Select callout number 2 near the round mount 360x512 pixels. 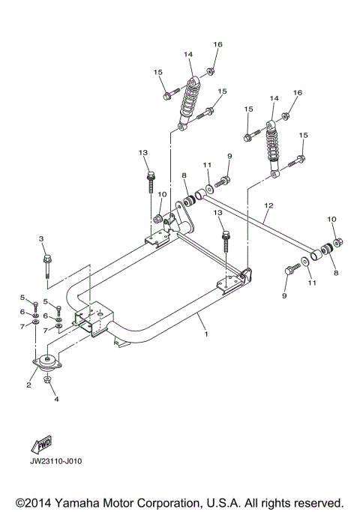click(29, 385)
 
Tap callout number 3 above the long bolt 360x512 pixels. click(43, 238)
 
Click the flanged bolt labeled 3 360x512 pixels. click(46, 267)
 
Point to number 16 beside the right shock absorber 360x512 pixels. click(297, 92)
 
